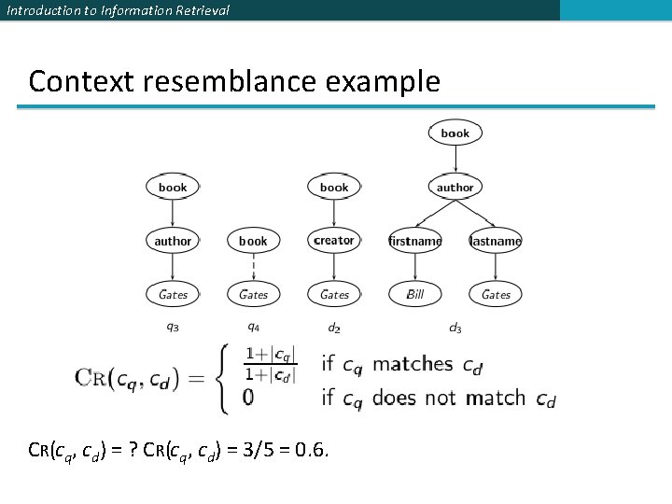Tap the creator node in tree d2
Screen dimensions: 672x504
[334, 241]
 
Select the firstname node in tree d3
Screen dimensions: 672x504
[415, 241]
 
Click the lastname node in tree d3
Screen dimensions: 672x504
[496, 241]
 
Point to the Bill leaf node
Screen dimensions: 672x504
[415, 294]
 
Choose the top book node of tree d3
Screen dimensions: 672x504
[455, 133]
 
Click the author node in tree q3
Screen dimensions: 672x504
[173, 241]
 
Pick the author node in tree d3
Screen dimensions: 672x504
[455, 188]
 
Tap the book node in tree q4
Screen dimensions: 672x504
[253, 241]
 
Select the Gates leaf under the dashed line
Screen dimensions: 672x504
[253, 294]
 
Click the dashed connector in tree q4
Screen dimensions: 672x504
[253, 267]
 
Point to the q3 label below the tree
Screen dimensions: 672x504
[173, 327]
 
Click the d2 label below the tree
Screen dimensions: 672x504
[334, 327]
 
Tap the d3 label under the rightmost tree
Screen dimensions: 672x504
[455, 327]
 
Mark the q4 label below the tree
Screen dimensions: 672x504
[253, 327]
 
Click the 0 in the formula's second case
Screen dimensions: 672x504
[248, 398]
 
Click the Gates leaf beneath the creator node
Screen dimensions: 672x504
[334, 294]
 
